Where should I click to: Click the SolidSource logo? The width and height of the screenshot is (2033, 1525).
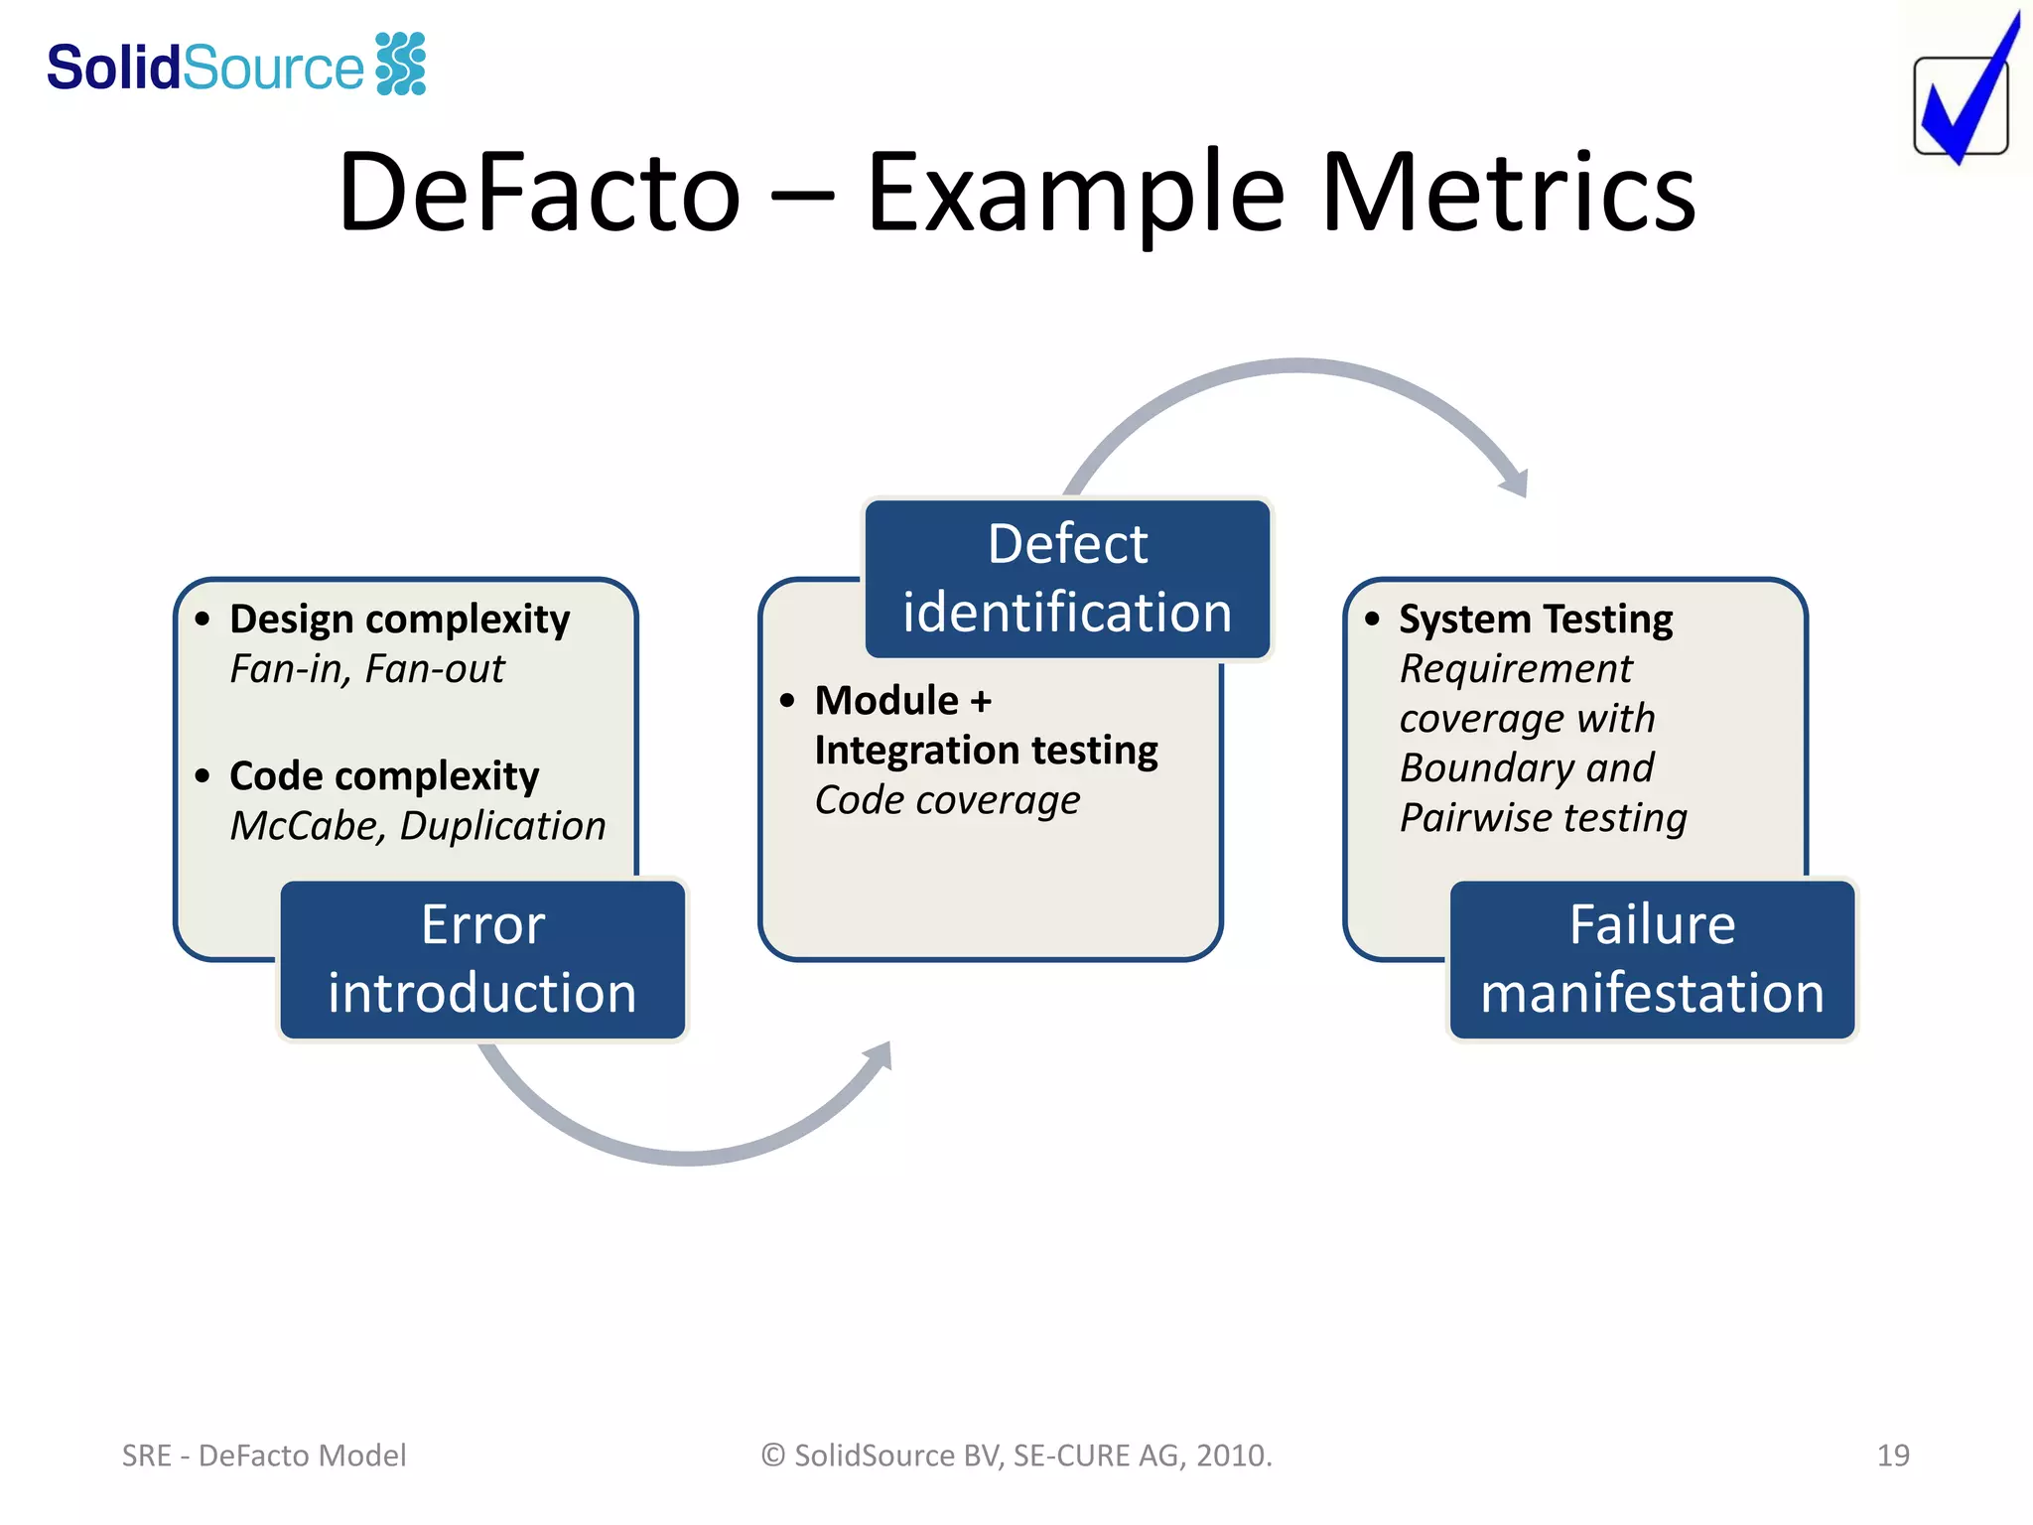tap(236, 66)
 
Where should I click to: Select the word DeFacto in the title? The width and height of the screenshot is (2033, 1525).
tap(539, 193)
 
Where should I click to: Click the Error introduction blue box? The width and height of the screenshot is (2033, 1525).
tap(482, 959)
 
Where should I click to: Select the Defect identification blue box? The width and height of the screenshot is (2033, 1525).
tap(1067, 578)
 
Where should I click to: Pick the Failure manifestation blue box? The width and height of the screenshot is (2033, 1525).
tap(1652, 959)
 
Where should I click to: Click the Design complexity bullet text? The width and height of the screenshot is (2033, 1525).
tap(399, 619)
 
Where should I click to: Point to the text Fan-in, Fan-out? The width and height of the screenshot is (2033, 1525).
tap(366, 669)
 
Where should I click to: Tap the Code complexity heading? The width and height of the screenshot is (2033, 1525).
tap(383, 775)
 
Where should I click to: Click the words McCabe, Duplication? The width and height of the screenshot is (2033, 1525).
tap(417, 826)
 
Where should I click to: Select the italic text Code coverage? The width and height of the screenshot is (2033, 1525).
tap(947, 800)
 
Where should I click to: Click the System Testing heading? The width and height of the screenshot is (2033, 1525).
tap(1535, 619)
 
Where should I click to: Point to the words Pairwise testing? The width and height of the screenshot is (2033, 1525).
tap(1543, 818)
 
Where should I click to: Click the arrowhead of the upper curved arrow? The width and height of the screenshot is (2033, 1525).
tap(1516, 483)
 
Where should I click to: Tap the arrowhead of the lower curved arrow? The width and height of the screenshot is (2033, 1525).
tap(880, 1056)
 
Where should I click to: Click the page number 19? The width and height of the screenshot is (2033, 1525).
tap(1892, 1456)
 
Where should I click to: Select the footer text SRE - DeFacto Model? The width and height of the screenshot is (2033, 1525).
tap(264, 1456)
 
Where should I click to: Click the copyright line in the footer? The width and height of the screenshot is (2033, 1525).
tap(1016, 1456)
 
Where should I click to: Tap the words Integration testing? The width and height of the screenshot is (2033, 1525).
tap(986, 751)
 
